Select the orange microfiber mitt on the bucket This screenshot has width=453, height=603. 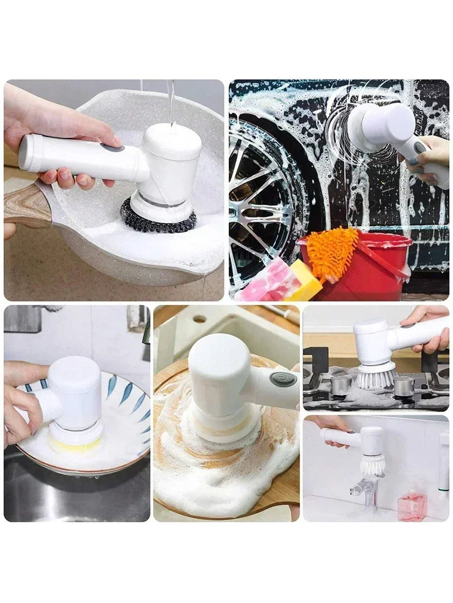click(x=332, y=252)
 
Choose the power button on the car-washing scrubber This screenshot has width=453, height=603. click(x=420, y=147)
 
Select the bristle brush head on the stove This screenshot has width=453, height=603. click(x=376, y=377)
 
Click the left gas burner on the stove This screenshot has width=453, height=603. click(x=341, y=385)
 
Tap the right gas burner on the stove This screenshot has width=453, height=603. click(x=404, y=385)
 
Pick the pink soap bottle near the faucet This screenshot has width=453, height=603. click(x=412, y=505)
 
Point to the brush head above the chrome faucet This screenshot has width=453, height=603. click(x=372, y=464)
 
